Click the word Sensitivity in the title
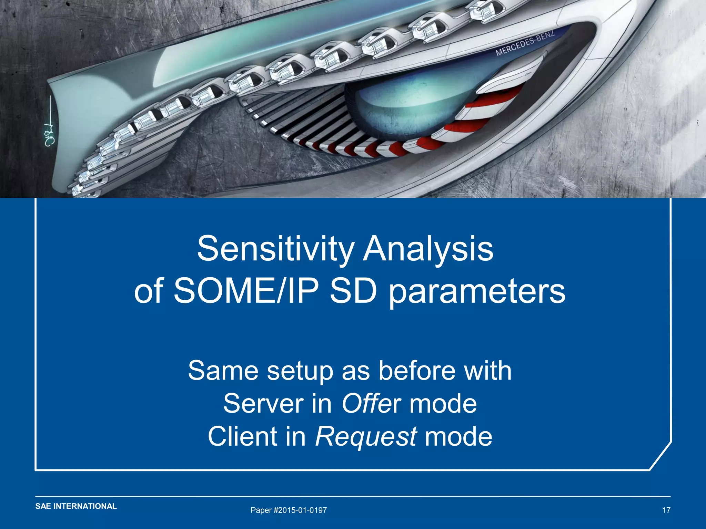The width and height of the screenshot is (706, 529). click(275, 249)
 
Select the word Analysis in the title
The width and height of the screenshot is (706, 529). click(428, 249)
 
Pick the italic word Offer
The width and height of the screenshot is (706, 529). click(371, 404)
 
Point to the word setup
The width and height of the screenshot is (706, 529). click(301, 372)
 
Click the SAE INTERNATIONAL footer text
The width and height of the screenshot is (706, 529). click(76, 506)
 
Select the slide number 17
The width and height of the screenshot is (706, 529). click(666, 510)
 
